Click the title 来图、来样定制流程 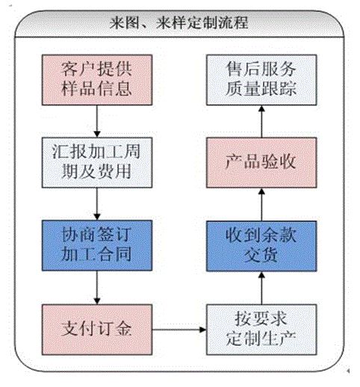179,23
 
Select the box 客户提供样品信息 97,80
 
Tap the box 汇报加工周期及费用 97,162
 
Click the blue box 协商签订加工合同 97,245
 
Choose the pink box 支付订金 97,329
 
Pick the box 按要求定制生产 261,329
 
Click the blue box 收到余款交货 261,246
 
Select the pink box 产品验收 261,162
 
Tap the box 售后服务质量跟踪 261,80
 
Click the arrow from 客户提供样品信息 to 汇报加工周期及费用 97,121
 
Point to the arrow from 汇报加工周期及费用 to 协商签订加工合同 97,204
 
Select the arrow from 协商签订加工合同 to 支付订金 97,288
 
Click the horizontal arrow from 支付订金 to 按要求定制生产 179,329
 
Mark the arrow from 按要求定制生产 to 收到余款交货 261,288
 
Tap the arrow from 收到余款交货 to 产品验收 261,204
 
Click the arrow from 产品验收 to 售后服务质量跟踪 261,121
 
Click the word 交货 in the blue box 261,255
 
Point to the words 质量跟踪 261,88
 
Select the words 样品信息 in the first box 96,88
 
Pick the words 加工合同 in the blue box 96,254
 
